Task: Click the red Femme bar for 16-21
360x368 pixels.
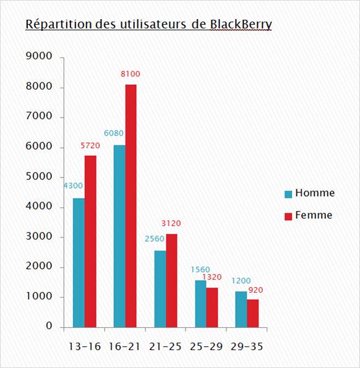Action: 131,206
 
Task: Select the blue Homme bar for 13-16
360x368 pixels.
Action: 79,263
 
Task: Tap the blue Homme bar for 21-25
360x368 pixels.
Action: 160,289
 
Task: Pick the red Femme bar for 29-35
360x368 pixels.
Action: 253,314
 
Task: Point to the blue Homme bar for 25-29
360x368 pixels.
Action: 200,304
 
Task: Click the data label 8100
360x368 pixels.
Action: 131,74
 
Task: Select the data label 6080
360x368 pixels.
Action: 114,133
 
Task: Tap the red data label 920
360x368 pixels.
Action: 255,290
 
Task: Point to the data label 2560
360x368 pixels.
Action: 155,239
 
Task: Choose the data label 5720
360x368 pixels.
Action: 90,145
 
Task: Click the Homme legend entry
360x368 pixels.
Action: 310,193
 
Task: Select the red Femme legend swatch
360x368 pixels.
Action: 288,216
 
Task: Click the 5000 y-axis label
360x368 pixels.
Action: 39,176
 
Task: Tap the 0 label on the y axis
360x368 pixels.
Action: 49,326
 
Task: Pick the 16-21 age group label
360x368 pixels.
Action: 124,346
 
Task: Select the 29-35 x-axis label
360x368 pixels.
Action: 247,346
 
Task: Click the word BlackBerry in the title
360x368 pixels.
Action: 241,24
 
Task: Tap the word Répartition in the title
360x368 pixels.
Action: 59,24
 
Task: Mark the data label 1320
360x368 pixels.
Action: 212,277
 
